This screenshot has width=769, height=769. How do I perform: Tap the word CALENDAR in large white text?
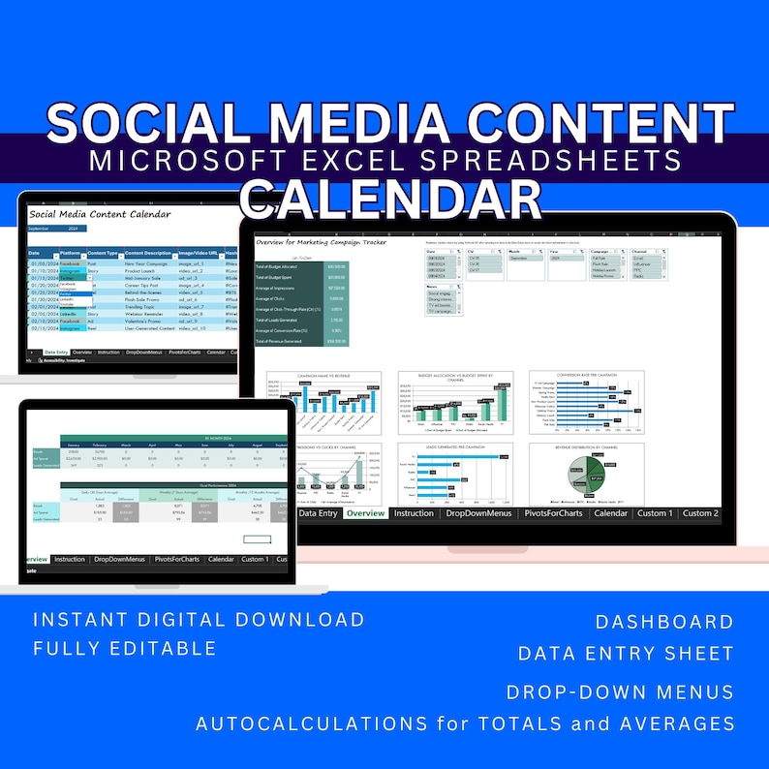[390, 199]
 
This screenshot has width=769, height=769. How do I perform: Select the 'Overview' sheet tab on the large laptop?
[364, 513]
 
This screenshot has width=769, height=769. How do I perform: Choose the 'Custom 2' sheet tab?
[700, 513]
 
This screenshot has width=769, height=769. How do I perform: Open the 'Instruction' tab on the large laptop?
[414, 513]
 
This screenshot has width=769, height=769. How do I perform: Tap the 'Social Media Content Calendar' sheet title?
[100, 213]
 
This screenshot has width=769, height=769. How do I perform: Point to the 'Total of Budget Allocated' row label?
[280, 265]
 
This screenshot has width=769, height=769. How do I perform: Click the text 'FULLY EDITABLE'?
[125, 648]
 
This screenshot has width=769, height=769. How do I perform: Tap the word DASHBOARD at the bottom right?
[664, 622]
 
